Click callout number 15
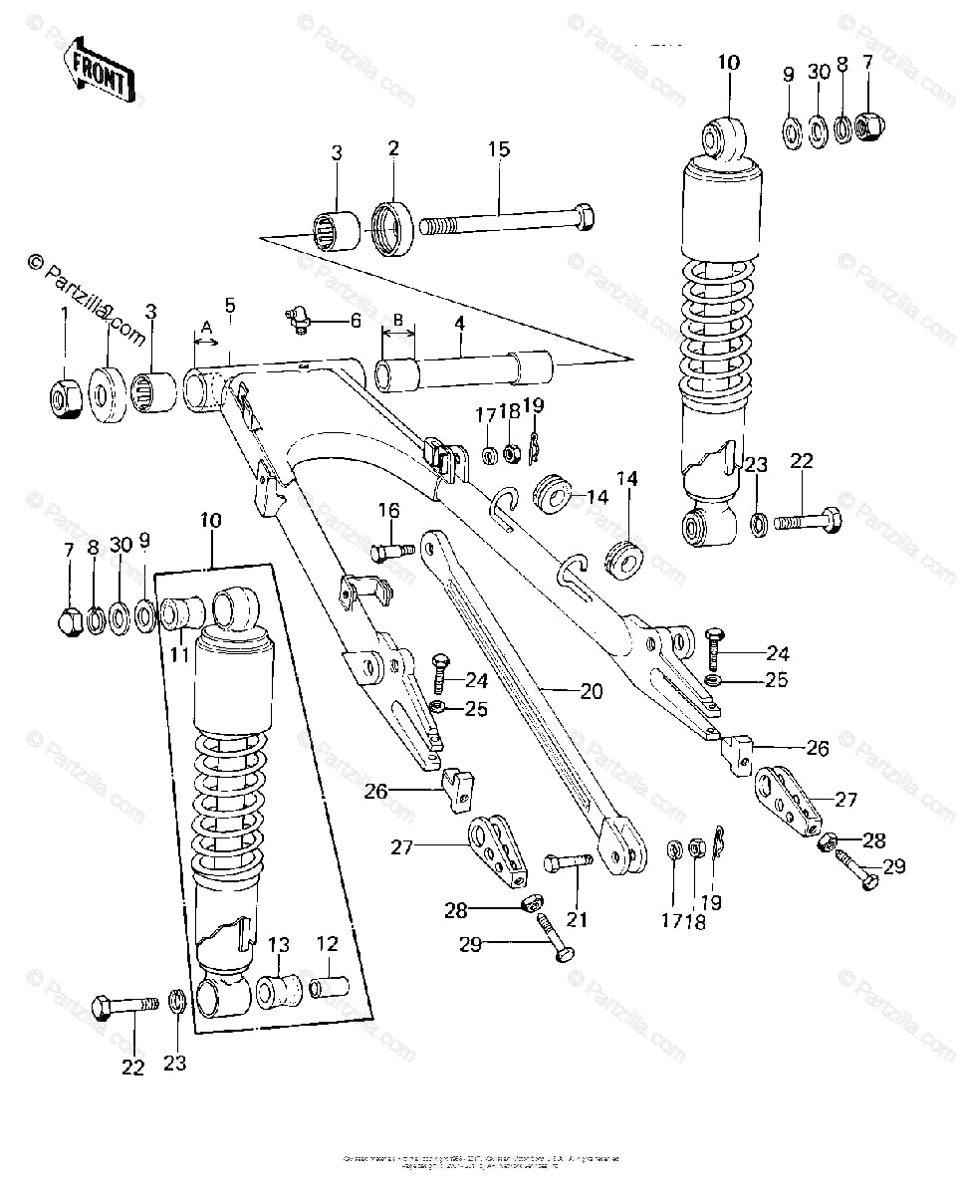tap(498, 150)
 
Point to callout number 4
tap(461, 323)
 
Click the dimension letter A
tap(206, 327)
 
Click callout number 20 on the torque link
tap(592, 691)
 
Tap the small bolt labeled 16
tap(391, 550)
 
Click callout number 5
tap(230, 307)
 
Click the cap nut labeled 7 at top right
tap(868, 125)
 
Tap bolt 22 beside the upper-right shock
tap(806, 520)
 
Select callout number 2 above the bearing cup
tap(393, 150)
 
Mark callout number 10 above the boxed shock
tap(210, 520)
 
